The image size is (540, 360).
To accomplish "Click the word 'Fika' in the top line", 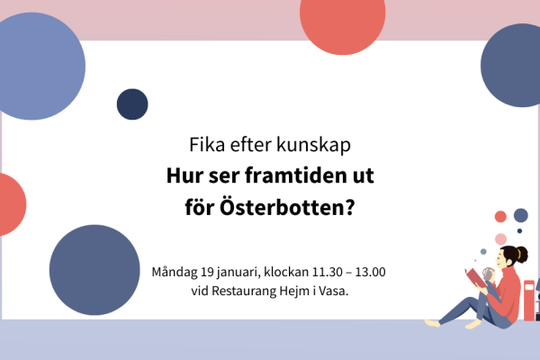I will (206, 145).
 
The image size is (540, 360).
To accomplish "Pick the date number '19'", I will (210, 271).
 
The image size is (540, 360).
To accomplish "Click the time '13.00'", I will (371, 271).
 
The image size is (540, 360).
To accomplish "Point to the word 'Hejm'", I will (307, 291).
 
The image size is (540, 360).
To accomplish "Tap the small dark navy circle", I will (132, 104).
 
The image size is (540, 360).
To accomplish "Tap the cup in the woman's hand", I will (489, 273).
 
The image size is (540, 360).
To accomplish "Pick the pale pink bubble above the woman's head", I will (500, 238).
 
